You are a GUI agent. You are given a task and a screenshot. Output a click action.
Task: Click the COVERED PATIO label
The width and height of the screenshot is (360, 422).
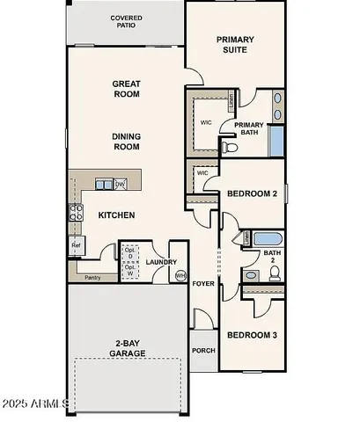click(127, 22)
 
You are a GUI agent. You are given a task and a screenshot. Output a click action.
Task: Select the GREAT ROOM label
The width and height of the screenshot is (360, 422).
click(127, 89)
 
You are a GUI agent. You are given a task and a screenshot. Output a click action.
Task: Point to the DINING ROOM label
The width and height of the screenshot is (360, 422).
click(127, 142)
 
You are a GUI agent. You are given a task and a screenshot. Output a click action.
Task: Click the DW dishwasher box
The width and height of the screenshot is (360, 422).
click(120, 184)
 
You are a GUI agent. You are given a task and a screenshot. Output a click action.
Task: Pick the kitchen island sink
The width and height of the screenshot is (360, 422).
click(104, 184)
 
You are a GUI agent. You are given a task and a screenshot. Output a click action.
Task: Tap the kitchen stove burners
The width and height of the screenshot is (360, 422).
click(74, 212)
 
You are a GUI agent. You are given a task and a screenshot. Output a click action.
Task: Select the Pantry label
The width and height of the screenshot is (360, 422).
click(92, 277)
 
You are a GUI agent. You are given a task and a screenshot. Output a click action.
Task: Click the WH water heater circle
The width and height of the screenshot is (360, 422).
click(180, 275)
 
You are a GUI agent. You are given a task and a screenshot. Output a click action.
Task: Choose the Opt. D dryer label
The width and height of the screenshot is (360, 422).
click(130, 252)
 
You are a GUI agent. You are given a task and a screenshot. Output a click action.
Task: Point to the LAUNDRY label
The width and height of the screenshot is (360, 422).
click(162, 261)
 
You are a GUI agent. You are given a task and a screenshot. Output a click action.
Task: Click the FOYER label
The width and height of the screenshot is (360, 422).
click(203, 284)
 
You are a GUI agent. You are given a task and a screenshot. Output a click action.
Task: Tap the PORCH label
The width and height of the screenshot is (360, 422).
click(203, 350)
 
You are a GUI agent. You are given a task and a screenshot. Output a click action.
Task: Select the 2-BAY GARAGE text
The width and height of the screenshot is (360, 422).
click(129, 347)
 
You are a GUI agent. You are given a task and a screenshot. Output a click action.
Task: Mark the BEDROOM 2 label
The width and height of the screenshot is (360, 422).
click(252, 193)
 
